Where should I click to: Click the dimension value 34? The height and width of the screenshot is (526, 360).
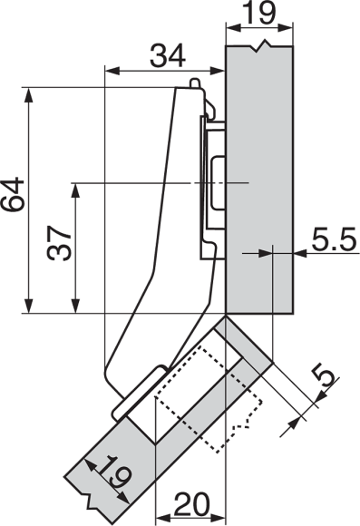168,55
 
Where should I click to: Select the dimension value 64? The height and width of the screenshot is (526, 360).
13,196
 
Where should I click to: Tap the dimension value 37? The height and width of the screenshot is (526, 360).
59,244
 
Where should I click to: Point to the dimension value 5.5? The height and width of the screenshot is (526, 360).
334,239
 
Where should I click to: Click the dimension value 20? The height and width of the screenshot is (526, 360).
191,504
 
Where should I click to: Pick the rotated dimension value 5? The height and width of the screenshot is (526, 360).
324,376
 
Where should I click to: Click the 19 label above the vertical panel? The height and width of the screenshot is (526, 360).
259,13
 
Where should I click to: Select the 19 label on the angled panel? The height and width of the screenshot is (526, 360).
115,472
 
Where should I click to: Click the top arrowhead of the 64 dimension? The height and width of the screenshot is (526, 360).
29,94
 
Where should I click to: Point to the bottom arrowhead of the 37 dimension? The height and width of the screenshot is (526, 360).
76,306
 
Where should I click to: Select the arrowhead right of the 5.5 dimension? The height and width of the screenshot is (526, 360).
299,253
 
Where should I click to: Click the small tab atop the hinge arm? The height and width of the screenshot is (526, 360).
195,83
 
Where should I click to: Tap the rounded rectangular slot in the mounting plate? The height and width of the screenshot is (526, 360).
218,182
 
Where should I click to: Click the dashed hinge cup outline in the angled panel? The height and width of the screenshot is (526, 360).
208,398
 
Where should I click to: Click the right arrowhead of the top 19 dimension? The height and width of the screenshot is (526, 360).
286,28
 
